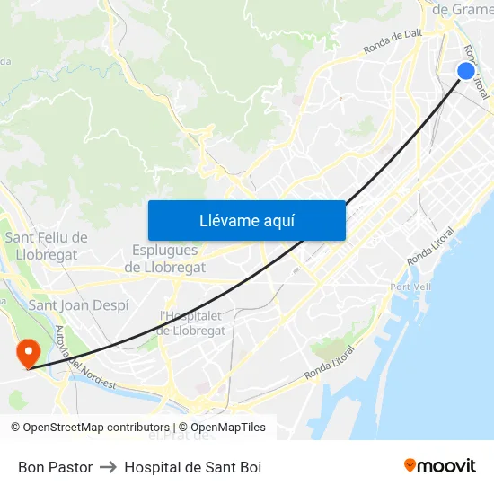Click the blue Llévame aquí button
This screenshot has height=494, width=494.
[246, 220]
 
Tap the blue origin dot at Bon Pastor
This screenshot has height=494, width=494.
[465, 71]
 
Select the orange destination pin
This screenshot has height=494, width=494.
[29, 351]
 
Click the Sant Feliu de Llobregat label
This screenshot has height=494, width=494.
[47, 245]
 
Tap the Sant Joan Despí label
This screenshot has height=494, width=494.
[79, 305]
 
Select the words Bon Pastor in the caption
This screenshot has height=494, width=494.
[55, 467]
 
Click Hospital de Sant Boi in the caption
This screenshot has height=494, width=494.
[192, 467]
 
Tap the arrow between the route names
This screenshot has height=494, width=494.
[108, 467]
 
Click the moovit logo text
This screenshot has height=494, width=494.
[446, 466]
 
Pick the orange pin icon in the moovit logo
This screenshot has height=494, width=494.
[410, 465]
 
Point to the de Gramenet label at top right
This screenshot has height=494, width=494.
[463, 10]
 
